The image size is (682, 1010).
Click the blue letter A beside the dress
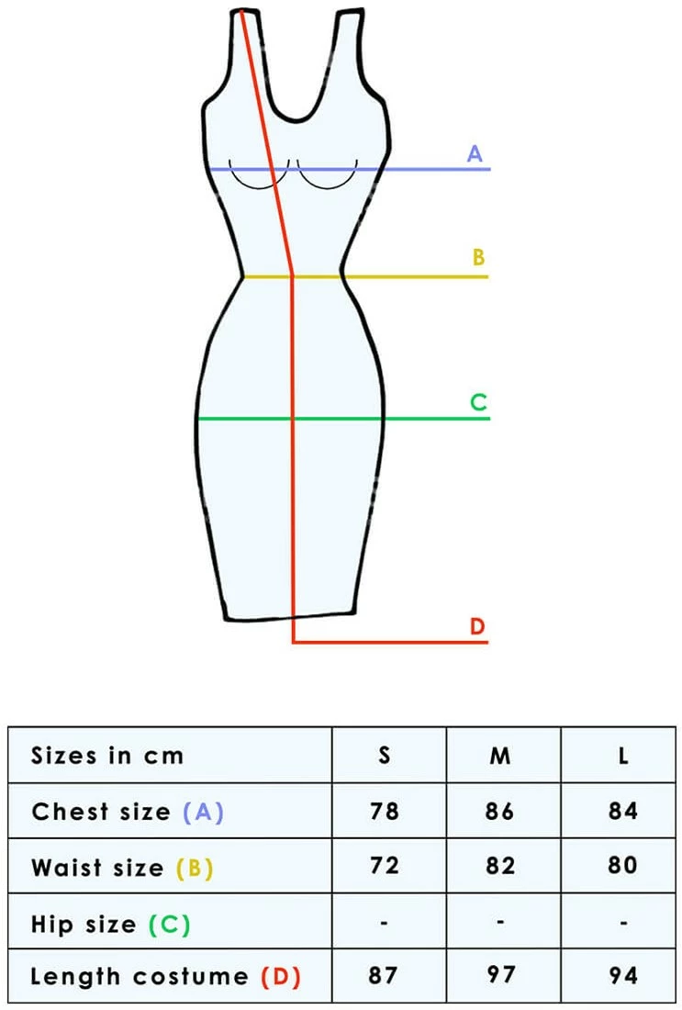click(x=475, y=154)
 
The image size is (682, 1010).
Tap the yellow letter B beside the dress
click(x=478, y=257)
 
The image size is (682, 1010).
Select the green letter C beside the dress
click(x=478, y=402)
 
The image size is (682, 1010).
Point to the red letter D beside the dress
click(x=477, y=626)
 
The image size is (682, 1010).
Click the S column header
click(x=385, y=755)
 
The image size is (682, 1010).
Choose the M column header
click(x=500, y=755)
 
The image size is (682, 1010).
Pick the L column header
click(x=623, y=755)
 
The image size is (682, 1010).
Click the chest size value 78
click(x=385, y=811)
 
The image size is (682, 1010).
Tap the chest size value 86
click(x=499, y=811)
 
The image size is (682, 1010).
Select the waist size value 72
click(x=385, y=865)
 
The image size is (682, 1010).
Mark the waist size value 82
click(x=500, y=865)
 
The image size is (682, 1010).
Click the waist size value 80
click(x=622, y=865)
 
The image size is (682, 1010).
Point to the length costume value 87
click(x=383, y=975)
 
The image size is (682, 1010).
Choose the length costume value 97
click(x=500, y=974)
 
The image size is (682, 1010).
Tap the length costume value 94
click(x=623, y=975)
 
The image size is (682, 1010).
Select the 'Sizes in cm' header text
click(x=107, y=755)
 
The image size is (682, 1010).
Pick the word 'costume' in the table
click(x=191, y=977)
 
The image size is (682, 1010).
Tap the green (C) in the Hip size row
click(x=170, y=925)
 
